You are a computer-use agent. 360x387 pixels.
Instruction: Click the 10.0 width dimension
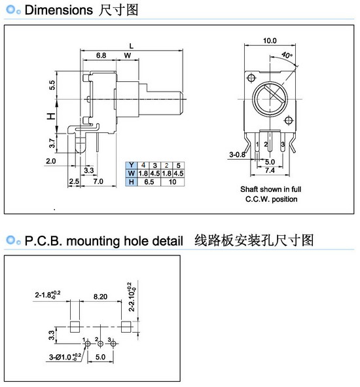[270, 41]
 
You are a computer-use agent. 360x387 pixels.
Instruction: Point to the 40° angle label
[287, 55]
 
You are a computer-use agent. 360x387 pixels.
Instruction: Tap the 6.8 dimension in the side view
[101, 55]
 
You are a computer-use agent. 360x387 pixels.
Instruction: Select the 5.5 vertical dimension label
[52, 85]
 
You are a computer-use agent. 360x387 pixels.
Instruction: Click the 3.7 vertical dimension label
[52, 143]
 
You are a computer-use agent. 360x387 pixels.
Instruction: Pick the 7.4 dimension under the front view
[270, 170]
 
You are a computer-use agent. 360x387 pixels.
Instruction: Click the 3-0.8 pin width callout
[237, 155]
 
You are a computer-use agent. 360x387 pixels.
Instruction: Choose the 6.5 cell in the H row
[149, 182]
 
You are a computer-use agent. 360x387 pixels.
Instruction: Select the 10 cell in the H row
[173, 182]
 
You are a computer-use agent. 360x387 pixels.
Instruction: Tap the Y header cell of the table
[132, 165]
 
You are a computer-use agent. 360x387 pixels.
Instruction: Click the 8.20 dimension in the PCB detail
[100, 297]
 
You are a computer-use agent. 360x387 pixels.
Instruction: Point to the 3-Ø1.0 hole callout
[65, 357]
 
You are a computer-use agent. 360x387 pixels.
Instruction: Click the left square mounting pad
[75, 327]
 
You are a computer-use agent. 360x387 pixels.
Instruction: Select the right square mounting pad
[126, 327]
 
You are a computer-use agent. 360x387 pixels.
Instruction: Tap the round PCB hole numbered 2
[100, 344]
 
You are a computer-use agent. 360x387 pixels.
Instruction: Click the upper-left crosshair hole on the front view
[251, 78]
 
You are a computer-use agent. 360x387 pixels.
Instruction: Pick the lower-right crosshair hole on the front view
[289, 120]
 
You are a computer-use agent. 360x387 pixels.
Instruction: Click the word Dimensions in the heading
[59, 10]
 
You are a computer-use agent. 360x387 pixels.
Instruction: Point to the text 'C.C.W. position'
[271, 199]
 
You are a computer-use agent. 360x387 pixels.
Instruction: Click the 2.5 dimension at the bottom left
[74, 181]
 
